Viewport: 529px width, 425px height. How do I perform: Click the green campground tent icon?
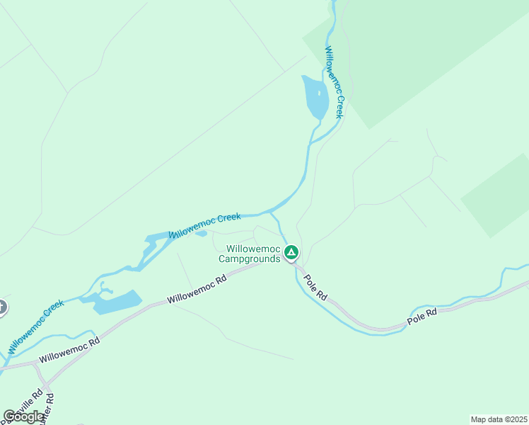291,252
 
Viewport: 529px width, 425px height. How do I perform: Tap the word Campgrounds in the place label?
250,259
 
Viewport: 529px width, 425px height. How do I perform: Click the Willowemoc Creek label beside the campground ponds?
205,224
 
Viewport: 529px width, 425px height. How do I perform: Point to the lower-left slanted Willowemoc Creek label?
36,327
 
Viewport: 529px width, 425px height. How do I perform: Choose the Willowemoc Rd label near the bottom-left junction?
69,350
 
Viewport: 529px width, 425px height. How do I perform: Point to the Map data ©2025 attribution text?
499,419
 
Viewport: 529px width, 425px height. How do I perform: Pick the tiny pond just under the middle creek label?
201,233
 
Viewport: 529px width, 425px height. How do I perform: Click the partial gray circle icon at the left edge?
2,307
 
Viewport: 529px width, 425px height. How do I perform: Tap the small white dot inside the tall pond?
319,92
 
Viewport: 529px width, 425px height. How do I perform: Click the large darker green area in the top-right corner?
424,50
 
